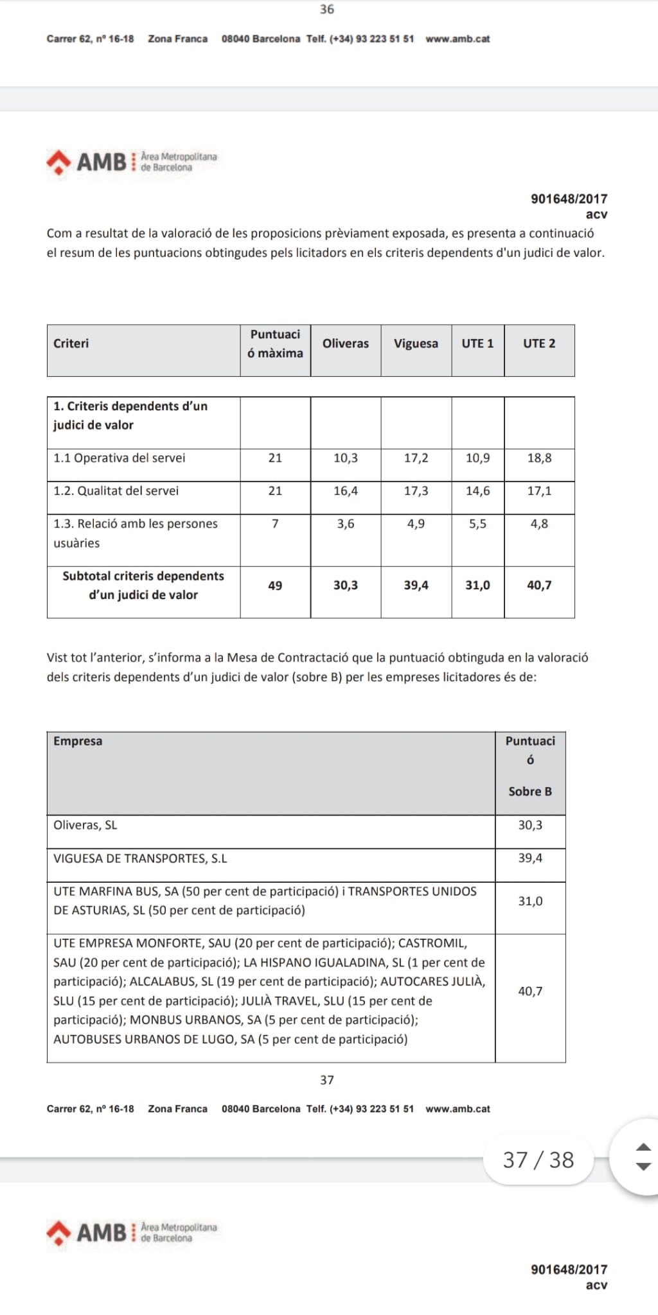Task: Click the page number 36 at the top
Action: tap(327, 9)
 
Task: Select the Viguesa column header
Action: tap(416, 344)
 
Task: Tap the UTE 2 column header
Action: tap(539, 344)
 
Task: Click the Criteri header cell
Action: tap(71, 344)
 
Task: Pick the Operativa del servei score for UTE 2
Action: tap(539, 458)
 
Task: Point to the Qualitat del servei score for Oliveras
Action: tap(346, 491)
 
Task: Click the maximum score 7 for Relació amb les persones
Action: tap(275, 524)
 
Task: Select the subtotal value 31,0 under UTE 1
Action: tap(477, 585)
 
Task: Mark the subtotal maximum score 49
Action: tap(275, 585)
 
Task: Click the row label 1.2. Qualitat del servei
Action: tap(116, 491)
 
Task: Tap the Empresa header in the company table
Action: tap(78, 741)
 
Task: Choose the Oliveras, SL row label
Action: tap(85, 825)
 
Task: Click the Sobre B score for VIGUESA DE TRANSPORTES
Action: tap(530, 858)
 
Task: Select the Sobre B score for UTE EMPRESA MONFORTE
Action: tap(530, 991)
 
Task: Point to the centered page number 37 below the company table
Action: tap(327, 1080)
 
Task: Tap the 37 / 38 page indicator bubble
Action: tap(538, 1160)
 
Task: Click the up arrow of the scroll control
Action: tap(643, 1147)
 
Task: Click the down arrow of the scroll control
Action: tap(643, 1167)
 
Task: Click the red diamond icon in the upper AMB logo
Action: tap(58, 161)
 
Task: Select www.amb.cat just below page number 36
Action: tap(458, 39)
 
